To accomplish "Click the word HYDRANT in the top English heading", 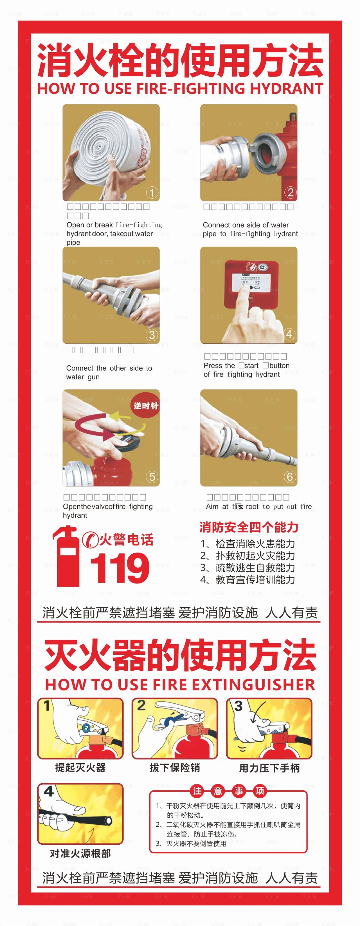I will (286, 88).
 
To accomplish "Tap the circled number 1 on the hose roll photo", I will (152, 193).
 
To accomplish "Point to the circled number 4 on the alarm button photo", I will (289, 334).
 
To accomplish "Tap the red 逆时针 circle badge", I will (145, 406).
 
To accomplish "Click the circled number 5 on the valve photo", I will (152, 477).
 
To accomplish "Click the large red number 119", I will (120, 568).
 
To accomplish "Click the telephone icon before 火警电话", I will (89, 540).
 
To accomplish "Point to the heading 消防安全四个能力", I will (249, 527).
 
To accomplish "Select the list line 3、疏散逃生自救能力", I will (248, 568).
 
